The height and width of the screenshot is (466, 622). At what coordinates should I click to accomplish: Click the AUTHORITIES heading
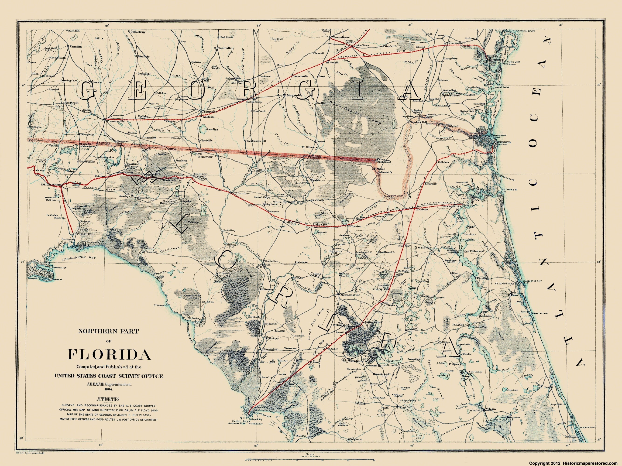[108, 399]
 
